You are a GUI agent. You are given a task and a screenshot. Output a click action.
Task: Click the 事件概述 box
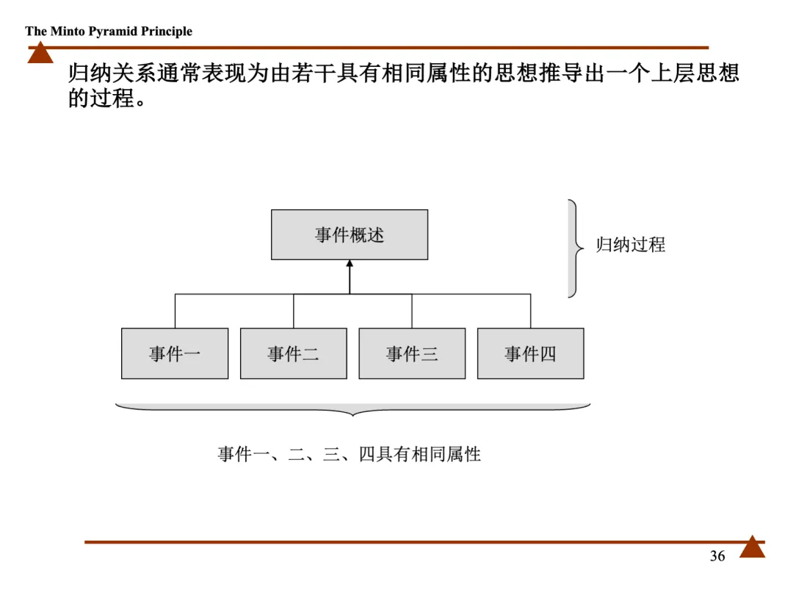pyautogui.click(x=350, y=235)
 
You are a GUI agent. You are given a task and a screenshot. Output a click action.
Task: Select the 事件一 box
pyautogui.click(x=175, y=354)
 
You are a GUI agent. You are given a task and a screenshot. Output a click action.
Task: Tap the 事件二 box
pyautogui.click(x=294, y=354)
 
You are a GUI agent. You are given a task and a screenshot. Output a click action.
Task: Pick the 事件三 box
pyautogui.click(x=412, y=354)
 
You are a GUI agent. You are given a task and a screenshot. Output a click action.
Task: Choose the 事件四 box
pyautogui.click(x=530, y=354)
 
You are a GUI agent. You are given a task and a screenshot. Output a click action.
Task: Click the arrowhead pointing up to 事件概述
pyautogui.click(x=350, y=266)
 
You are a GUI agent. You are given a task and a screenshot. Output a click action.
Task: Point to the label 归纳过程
pyautogui.click(x=630, y=245)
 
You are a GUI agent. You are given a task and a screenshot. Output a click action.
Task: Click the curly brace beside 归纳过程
pyautogui.click(x=575, y=248)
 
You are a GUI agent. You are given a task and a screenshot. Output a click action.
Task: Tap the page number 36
pyautogui.click(x=717, y=556)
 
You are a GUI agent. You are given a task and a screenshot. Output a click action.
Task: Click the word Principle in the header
pyautogui.click(x=167, y=32)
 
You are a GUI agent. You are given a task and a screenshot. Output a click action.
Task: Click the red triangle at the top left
pyautogui.click(x=40, y=54)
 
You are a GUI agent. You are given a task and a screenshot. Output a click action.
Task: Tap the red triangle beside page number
pyautogui.click(x=752, y=548)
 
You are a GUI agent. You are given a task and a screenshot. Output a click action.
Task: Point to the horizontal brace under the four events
pyautogui.click(x=353, y=409)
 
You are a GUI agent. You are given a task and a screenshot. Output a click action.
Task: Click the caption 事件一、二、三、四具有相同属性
pyautogui.click(x=349, y=454)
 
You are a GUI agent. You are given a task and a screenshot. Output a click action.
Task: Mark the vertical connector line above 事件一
pyautogui.click(x=175, y=311)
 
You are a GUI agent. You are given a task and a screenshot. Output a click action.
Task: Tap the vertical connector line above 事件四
pyautogui.click(x=530, y=311)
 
